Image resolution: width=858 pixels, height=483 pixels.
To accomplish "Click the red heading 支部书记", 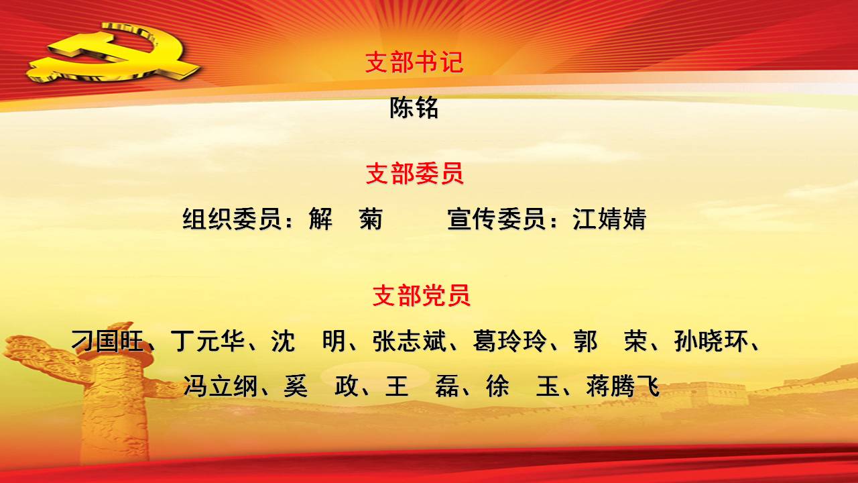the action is (x=414, y=62).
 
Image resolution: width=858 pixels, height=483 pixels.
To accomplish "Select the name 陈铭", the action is (x=414, y=108).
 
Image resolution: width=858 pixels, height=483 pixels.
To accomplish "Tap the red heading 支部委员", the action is (x=414, y=174).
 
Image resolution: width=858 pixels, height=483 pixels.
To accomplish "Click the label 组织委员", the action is (x=231, y=219).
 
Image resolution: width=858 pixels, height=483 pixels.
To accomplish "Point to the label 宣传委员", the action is (x=496, y=219).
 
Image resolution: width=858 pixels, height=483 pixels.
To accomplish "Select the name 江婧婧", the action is (x=609, y=219).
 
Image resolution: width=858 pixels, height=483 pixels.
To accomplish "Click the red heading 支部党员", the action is (x=422, y=295).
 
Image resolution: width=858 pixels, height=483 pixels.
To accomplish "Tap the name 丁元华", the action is (x=208, y=341).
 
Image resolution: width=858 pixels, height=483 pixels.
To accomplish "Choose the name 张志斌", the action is (x=410, y=341).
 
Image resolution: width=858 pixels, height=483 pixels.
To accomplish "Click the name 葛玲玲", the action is (x=510, y=341).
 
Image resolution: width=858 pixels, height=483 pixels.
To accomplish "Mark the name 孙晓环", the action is (x=711, y=341).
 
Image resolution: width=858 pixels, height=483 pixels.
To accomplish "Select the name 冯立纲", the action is (x=221, y=386).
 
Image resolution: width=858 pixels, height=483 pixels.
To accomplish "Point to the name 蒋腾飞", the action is (x=623, y=386).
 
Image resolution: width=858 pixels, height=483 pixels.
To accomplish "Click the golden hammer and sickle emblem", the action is (x=114, y=52).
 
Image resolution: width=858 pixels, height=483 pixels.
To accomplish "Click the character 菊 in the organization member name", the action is (x=371, y=219).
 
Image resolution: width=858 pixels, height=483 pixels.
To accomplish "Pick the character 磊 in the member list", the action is (x=447, y=386).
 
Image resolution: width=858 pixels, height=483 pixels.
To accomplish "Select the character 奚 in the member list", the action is (x=296, y=386).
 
